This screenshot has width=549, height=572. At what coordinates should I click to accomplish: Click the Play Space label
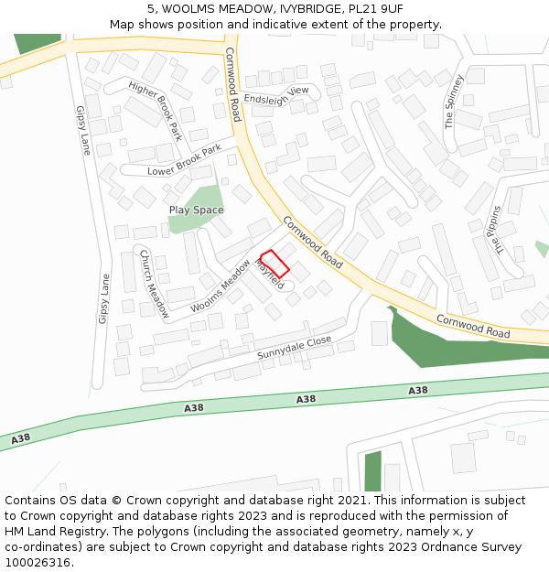click(x=196, y=210)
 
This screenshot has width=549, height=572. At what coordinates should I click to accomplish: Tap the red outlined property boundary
click(x=274, y=264)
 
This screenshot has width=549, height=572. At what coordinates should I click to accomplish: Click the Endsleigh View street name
click(x=276, y=95)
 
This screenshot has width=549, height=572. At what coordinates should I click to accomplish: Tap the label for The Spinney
click(x=455, y=102)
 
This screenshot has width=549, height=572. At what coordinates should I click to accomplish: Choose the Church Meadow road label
click(x=154, y=284)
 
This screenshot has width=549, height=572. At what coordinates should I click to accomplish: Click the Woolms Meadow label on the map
click(x=221, y=286)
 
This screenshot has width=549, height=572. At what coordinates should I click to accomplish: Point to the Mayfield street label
click(x=270, y=275)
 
